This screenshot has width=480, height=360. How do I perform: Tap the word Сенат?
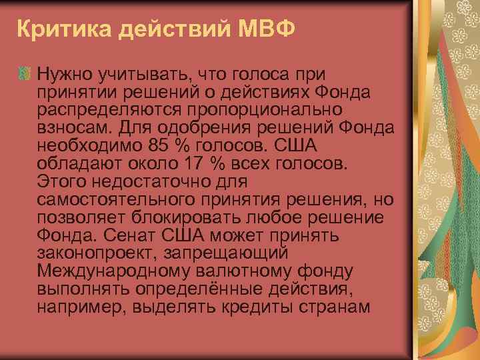pos(130,235)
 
